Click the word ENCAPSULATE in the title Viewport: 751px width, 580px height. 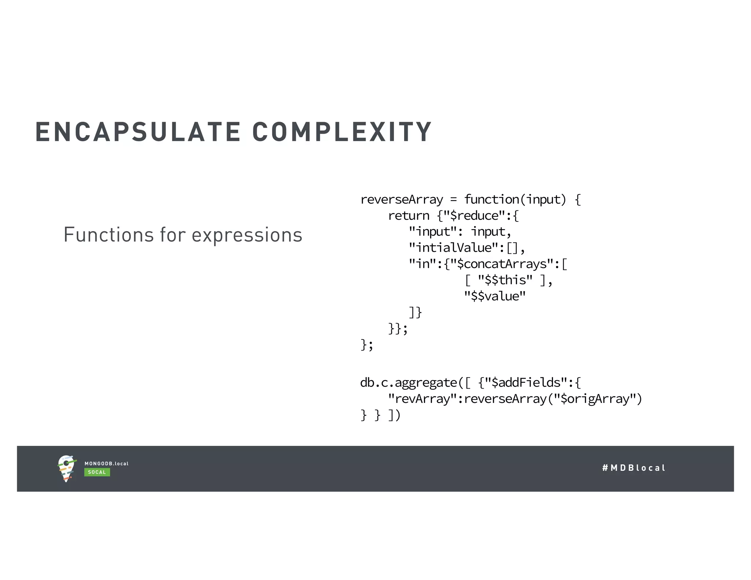(x=138, y=132)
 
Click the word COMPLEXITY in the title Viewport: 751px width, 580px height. (x=342, y=132)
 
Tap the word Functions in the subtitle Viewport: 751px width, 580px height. (x=109, y=235)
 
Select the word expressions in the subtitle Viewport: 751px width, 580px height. (x=247, y=235)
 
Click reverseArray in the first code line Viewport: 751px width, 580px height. (x=402, y=200)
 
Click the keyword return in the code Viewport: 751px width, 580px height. (x=409, y=216)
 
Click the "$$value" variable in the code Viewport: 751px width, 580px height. (x=495, y=297)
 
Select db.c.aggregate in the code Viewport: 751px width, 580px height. (x=409, y=383)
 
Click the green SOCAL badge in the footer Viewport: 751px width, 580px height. (x=97, y=472)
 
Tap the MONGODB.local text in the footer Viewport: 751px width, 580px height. (x=106, y=464)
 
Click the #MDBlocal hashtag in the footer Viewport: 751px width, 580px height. (x=634, y=468)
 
